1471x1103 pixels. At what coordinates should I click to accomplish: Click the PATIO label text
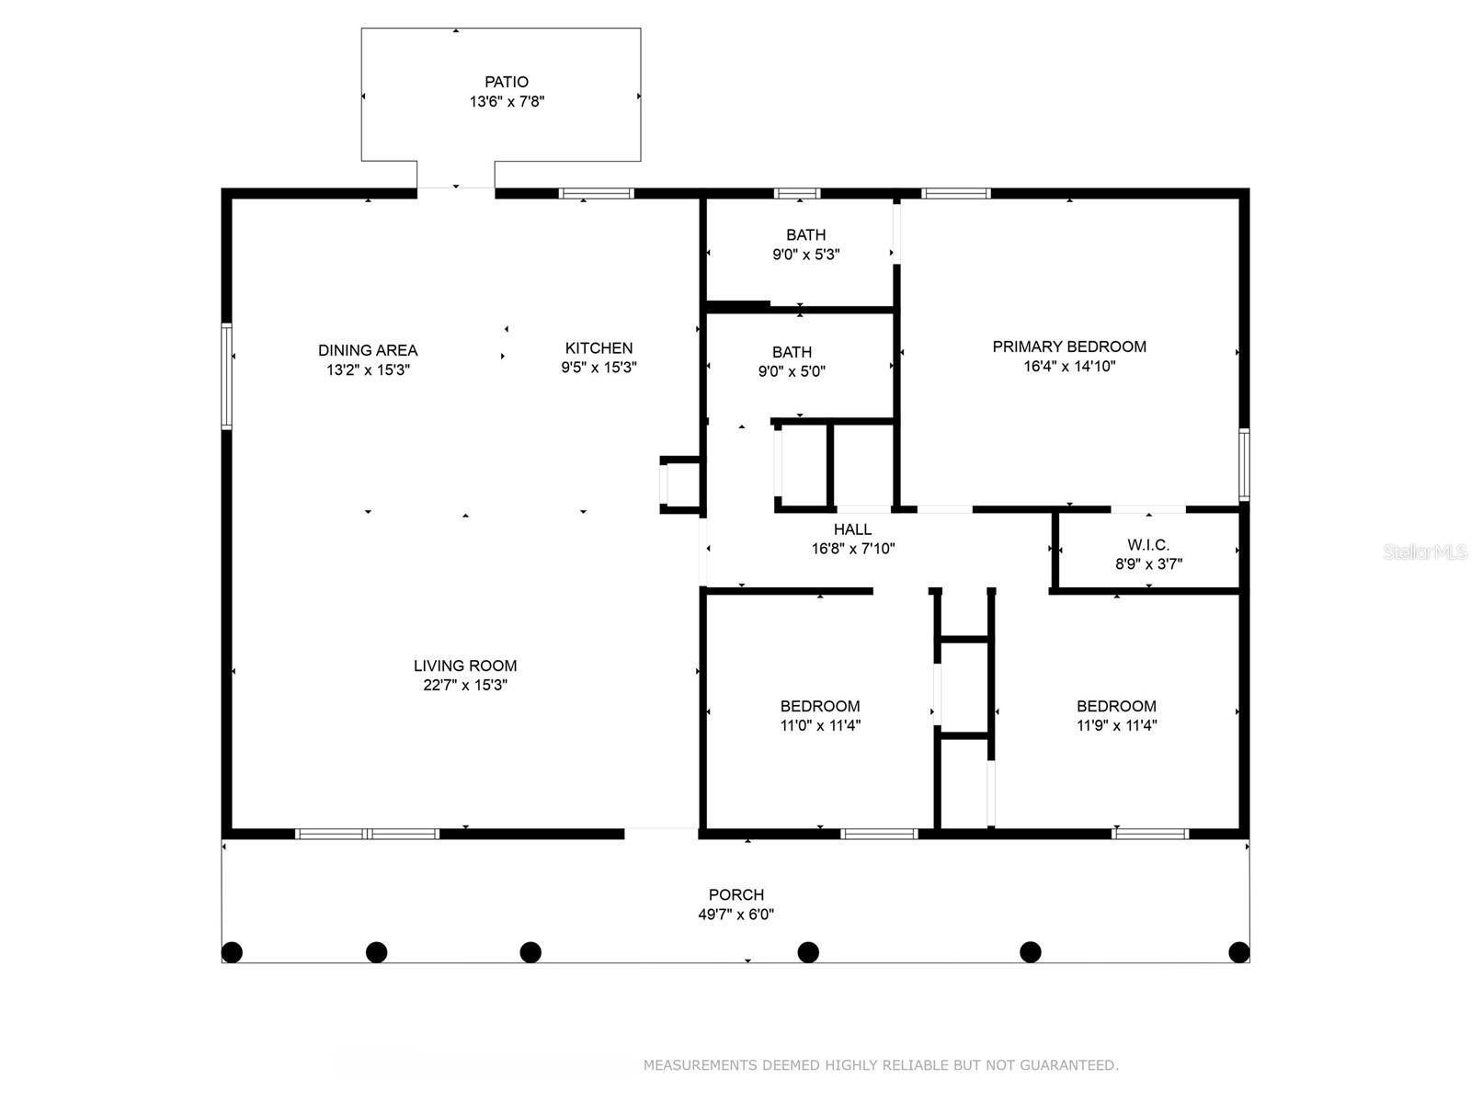pos(507,82)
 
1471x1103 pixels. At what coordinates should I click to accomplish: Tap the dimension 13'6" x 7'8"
pos(507,102)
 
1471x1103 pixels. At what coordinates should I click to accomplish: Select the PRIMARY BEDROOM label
pos(1068,347)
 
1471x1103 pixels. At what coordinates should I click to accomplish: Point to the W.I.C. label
pos(1148,545)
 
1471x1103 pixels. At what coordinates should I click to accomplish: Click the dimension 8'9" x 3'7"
pos(1148,564)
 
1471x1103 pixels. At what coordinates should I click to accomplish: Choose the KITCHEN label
pos(599,347)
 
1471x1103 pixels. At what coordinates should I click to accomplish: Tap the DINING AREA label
pos(368,350)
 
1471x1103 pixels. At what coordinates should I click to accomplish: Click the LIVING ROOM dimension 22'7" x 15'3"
pos(465,685)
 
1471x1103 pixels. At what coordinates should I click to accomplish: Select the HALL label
pos(852,529)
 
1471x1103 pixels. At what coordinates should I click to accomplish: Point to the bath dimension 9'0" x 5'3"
pos(805,255)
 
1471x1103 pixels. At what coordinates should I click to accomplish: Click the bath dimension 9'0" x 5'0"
pos(792,372)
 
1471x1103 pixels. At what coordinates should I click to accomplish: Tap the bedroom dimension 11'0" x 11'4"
pos(820,725)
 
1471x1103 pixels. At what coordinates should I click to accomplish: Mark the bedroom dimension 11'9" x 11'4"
pos(1116,725)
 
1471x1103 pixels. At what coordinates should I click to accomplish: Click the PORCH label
pos(735,894)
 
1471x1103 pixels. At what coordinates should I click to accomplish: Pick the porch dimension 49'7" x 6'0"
pos(735,915)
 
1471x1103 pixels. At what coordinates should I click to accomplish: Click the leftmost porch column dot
pos(232,951)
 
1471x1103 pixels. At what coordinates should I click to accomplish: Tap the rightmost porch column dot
pos(1239,951)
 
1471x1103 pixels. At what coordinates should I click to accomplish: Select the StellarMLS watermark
pos(1424,551)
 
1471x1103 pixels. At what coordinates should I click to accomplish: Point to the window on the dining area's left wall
pos(226,375)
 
